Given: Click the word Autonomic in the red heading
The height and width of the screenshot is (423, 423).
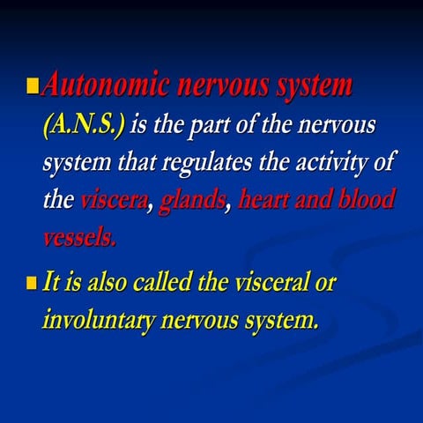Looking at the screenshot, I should [107, 85].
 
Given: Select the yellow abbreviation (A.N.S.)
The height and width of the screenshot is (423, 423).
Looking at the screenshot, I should [84, 125].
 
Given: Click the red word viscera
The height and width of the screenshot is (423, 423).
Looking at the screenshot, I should [116, 202].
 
